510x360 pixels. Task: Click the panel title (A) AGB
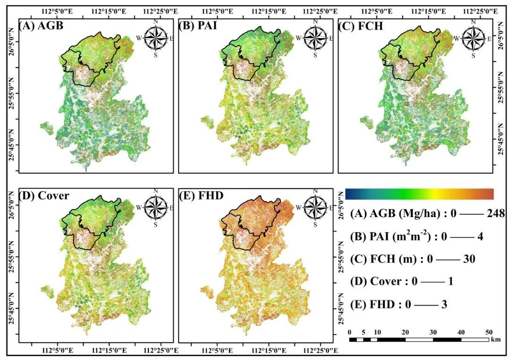click(x=41, y=25)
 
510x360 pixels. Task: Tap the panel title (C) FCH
click(x=361, y=25)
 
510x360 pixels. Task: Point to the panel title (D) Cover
click(x=44, y=196)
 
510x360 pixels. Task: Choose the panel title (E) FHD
click(x=201, y=196)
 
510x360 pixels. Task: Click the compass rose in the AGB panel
click(x=155, y=38)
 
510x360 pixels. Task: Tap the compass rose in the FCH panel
click(x=473, y=38)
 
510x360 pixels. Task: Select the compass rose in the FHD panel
click(x=315, y=207)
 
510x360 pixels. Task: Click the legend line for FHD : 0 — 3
click(x=399, y=304)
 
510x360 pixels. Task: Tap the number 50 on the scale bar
click(x=489, y=332)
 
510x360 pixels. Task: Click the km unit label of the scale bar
click(x=496, y=340)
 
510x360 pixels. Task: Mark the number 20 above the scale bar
click(x=405, y=332)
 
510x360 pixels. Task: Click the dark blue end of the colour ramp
click(x=348, y=194)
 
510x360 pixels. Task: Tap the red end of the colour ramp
click(x=490, y=194)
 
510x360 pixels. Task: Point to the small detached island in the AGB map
click(x=47, y=128)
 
